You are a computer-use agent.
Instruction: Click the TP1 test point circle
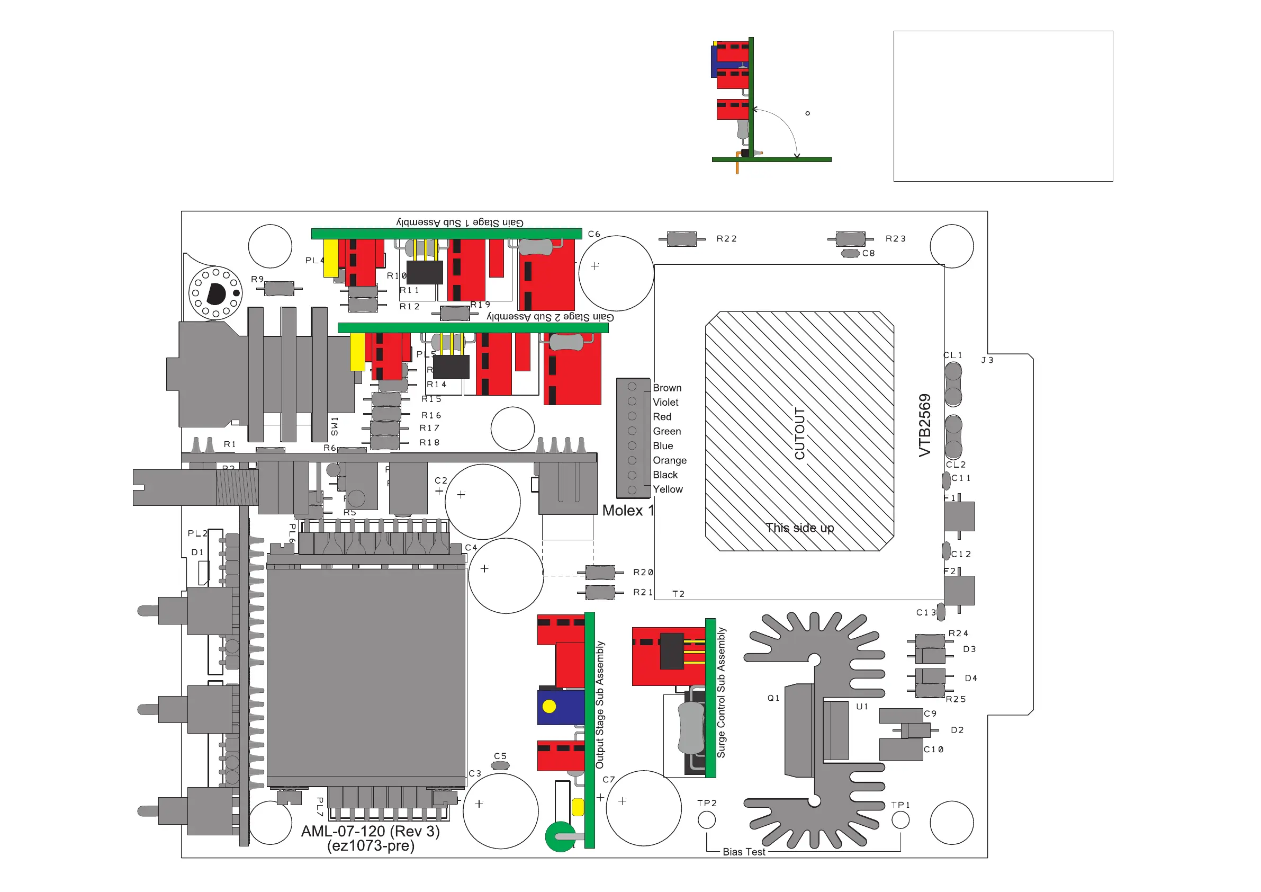pos(900,820)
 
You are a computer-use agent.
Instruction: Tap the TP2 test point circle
pos(706,820)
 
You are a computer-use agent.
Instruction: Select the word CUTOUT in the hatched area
pos(800,434)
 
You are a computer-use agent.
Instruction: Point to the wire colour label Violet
pos(665,403)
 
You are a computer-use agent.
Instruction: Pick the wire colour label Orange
pos(670,460)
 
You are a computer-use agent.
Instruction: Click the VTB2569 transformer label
pos(925,425)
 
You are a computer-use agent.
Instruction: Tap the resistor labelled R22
pos(681,239)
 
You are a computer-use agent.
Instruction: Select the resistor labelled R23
pos(850,239)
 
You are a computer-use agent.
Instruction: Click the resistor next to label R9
pos(280,289)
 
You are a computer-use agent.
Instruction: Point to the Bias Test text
pos(744,852)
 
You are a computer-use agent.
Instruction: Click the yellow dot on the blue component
pos(548,707)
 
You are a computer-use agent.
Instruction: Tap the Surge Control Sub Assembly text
pos(721,692)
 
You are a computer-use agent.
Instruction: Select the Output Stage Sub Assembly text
pos(600,704)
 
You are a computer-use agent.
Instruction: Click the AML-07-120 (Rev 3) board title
pos(370,831)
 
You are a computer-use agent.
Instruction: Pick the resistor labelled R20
pos(600,573)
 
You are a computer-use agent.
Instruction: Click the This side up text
pos(800,528)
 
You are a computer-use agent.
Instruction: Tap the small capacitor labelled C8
pos(850,253)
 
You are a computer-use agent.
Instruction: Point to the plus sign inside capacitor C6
pos(595,266)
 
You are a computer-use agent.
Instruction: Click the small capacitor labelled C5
pos(500,765)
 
